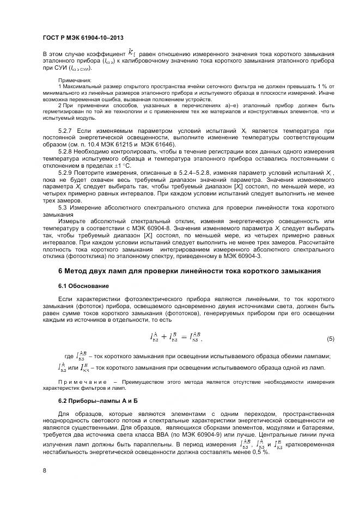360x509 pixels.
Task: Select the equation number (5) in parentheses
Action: pos(330,339)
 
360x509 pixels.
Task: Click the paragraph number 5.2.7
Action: pos(67,131)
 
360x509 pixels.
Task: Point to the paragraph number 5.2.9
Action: pos(67,171)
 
